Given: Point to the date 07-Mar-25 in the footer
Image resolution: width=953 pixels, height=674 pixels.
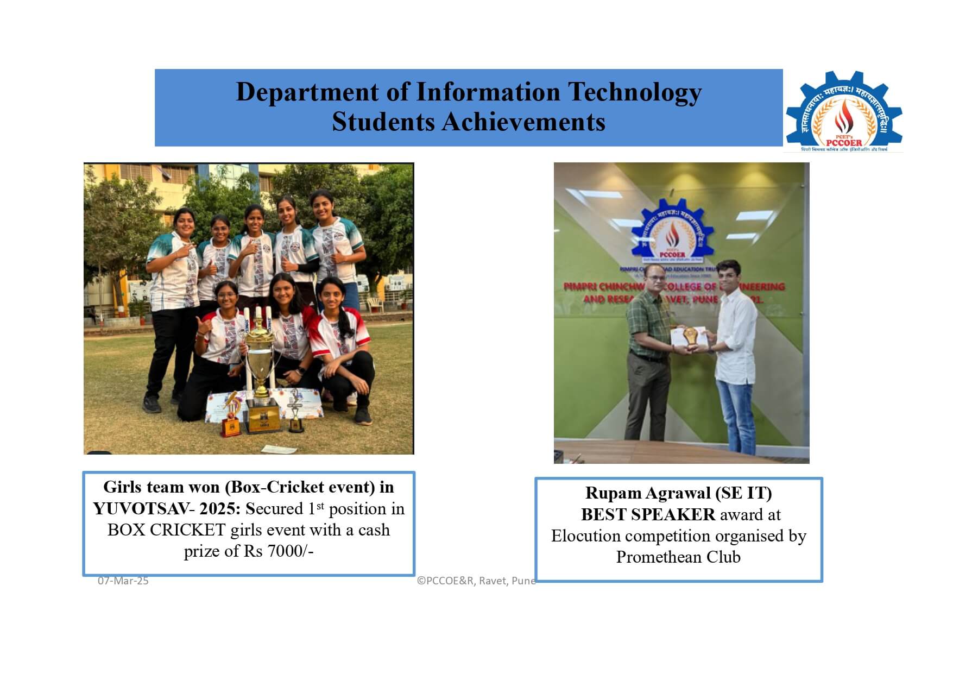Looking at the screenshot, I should (x=123, y=581).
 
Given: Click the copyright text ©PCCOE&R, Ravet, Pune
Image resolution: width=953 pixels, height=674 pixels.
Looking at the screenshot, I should (x=476, y=581).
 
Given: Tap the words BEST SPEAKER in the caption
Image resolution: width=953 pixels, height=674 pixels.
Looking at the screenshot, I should (x=648, y=514).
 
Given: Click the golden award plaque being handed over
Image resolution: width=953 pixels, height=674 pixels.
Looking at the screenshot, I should (x=690, y=337).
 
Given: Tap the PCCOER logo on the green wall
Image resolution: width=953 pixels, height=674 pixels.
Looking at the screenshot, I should (x=672, y=231).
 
